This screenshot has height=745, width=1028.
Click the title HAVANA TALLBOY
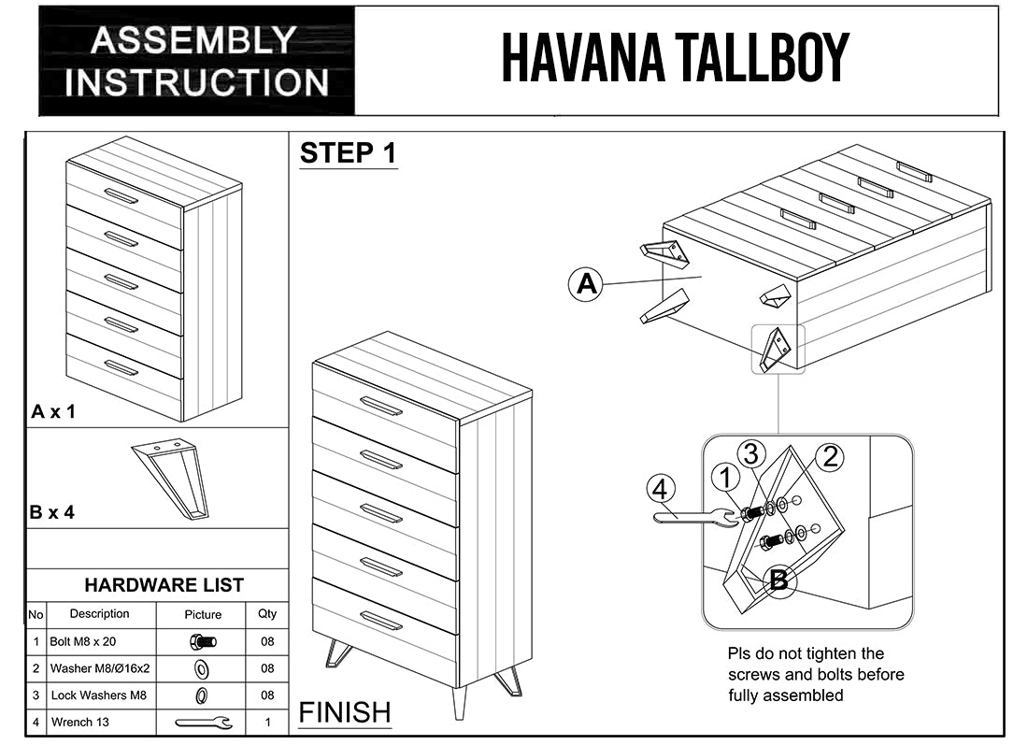click(675, 58)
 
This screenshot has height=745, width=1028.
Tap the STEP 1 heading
click(348, 153)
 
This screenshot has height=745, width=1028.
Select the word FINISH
click(345, 712)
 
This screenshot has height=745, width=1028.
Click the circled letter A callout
click(586, 282)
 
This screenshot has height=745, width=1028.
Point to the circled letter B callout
click(778, 580)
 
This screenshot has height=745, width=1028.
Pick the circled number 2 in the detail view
click(830, 457)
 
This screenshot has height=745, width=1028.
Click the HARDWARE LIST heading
click(164, 585)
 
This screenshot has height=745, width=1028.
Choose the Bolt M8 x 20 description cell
click(100, 642)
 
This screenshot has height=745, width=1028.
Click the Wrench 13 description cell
click(100, 722)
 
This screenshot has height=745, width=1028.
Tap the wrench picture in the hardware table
click(203, 722)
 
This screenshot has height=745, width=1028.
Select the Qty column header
click(267, 614)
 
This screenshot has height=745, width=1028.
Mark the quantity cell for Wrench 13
click(267, 722)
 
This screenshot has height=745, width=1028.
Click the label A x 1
click(53, 411)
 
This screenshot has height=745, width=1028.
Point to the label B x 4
click(52, 512)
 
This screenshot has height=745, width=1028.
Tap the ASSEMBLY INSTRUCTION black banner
click(197, 61)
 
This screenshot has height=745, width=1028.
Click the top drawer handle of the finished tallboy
click(380, 406)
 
